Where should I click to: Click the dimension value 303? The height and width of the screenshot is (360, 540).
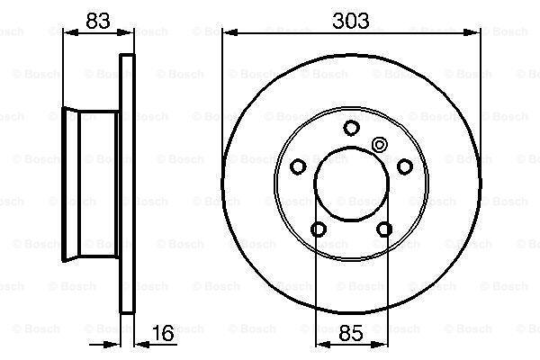pyautogui.click(x=351, y=21)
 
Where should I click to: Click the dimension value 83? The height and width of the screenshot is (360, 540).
pyautogui.click(x=98, y=21)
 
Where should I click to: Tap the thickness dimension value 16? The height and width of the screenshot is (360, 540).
pyautogui.click(x=163, y=333)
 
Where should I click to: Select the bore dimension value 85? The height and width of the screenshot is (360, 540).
pyautogui.click(x=351, y=333)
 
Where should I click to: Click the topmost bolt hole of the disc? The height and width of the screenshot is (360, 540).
pyautogui.click(x=351, y=128)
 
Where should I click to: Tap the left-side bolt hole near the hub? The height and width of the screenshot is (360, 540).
pyautogui.click(x=298, y=166)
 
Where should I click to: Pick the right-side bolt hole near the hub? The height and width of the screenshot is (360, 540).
pyautogui.click(x=405, y=166)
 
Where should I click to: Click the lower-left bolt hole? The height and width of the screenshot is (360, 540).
pyautogui.click(x=319, y=229)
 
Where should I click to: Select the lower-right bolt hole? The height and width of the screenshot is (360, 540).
pyautogui.click(x=384, y=229)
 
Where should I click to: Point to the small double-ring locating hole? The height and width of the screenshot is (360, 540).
pyautogui.click(x=380, y=145)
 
